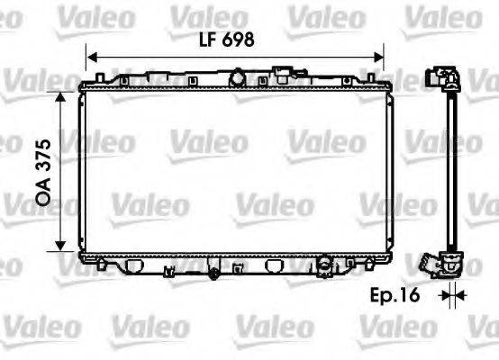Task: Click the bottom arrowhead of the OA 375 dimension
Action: (60, 249)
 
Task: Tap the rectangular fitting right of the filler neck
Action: (286, 73)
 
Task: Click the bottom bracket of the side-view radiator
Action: (445, 264)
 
